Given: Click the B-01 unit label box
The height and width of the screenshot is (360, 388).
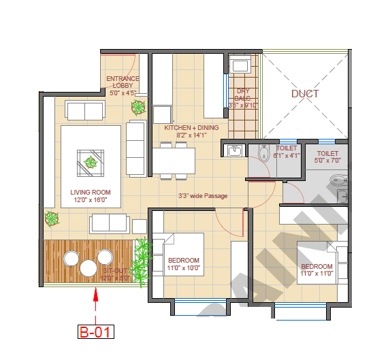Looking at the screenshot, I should [x=95, y=332].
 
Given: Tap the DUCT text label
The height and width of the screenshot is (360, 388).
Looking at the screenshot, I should [x=304, y=93].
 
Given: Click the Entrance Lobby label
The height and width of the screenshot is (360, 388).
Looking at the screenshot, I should [x=123, y=86].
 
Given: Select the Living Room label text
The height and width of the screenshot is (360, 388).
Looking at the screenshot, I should [x=91, y=197].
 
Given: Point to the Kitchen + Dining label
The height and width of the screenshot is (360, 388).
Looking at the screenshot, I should [x=191, y=131].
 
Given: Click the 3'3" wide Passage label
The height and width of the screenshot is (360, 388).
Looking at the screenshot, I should [x=203, y=196].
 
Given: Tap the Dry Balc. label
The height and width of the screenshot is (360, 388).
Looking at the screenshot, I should [x=243, y=98].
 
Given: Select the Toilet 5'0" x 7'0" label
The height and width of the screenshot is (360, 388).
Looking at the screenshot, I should [x=327, y=158].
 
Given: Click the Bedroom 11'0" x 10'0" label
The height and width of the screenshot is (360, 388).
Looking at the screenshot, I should [x=184, y=264].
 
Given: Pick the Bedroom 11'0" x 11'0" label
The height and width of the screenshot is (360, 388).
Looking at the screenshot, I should [x=317, y=269].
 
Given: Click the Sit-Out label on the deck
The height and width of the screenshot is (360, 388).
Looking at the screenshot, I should [x=114, y=274].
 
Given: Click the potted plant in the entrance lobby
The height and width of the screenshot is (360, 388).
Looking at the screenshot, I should [x=139, y=107].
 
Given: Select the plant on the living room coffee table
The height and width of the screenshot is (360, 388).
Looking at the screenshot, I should [x=91, y=162].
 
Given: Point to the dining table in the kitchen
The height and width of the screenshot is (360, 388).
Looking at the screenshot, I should [x=174, y=161].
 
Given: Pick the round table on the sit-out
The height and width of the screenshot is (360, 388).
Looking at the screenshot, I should [x=88, y=267].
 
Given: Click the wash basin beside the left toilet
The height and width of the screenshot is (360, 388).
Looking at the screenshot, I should [x=235, y=150].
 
